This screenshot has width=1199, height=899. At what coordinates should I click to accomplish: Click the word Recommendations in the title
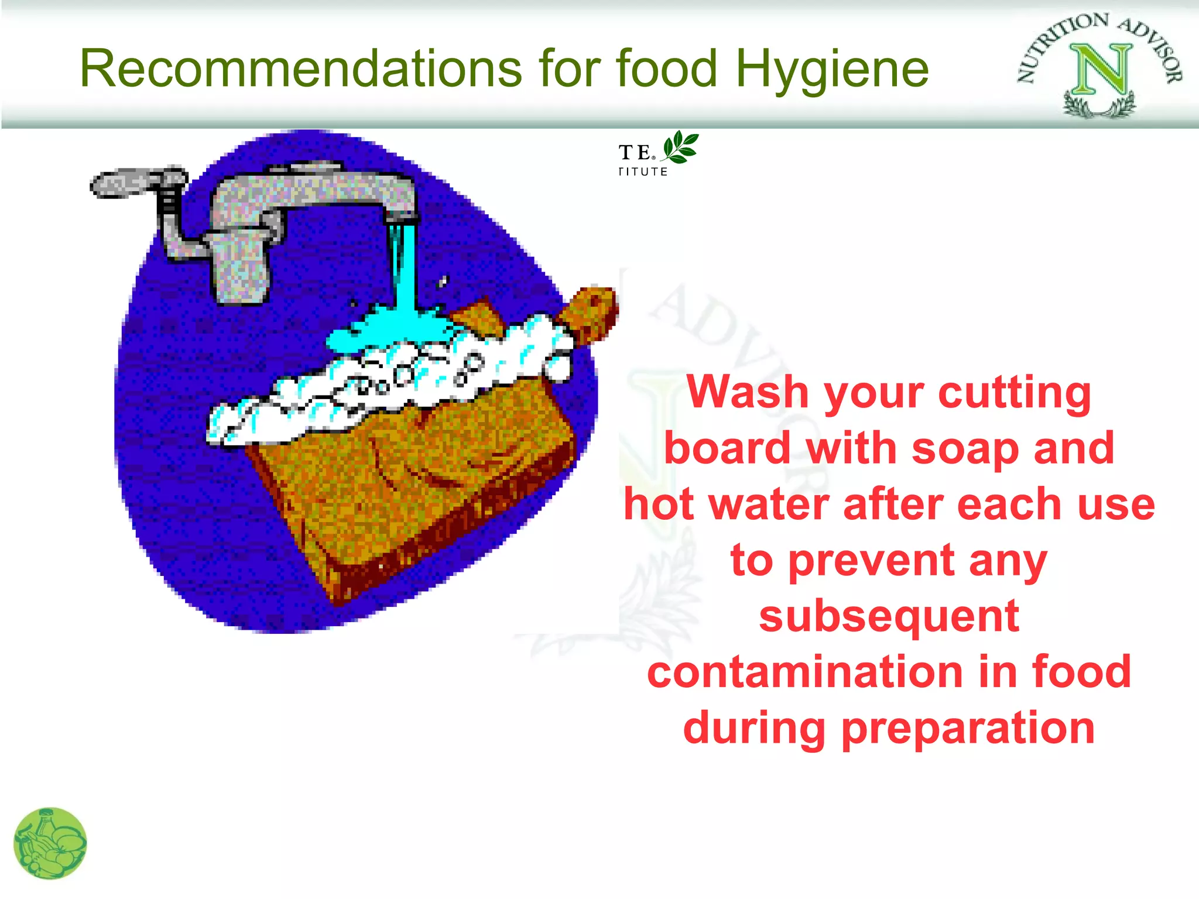300,68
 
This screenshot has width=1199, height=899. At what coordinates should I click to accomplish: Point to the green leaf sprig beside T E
681,147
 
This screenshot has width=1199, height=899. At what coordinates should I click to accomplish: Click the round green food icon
50,843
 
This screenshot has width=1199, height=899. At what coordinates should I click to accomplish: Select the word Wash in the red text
748,392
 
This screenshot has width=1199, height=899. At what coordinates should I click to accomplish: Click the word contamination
804,672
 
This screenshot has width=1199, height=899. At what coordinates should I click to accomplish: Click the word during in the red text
755,729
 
